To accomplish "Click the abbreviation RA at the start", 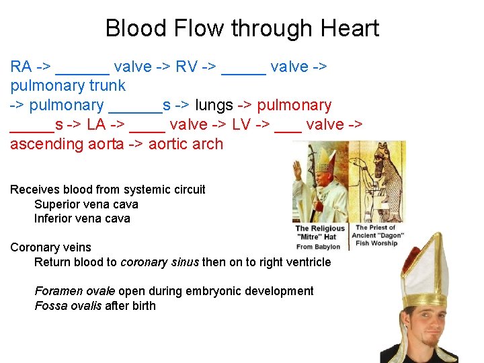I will pos(21,67).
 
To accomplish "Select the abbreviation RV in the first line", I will pos(186,67).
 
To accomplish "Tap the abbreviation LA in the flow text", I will pos(99,124).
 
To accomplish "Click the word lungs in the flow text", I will pos(214,106).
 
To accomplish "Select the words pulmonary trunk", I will pos(68,85).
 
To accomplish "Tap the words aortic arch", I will pos(186,144).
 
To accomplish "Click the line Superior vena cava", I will pos(86,204).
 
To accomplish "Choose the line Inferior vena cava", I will pos(82,218).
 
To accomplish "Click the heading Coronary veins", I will pos(50,247).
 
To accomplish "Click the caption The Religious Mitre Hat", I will pos(319,237).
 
